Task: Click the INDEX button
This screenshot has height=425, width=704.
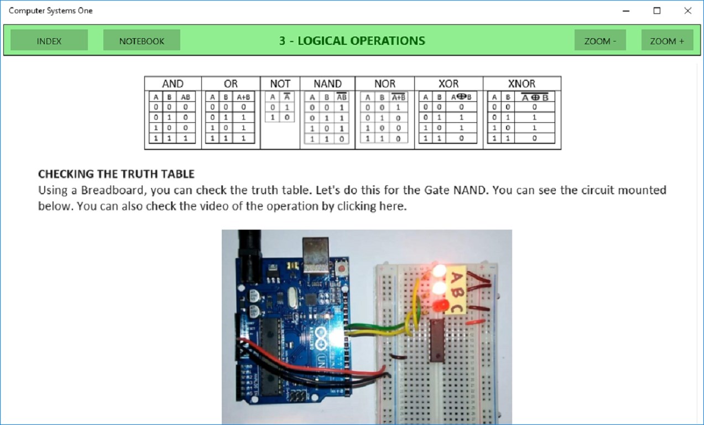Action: click(x=49, y=41)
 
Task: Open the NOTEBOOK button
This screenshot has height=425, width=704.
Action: click(x=142, y=41)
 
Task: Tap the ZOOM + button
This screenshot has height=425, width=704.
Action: click(x=667, y=41)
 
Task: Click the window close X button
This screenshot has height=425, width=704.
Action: click(x=688, y=11)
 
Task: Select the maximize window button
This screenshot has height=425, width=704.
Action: click(x=657, y=11)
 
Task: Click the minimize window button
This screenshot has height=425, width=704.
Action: click(x=626, y=11)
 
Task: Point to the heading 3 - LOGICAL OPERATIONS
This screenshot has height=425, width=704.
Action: click(x=352, y=40)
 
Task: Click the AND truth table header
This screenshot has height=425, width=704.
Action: click(x=173, y=84)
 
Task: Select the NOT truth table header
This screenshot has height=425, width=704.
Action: click(x=280, y=84)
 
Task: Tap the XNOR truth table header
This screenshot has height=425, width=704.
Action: click(x=522, y=84)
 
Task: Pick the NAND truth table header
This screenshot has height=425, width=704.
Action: click(x=327, y=84)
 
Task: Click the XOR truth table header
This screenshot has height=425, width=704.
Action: click(x=448, y=84)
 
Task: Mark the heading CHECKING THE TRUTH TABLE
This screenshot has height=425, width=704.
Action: click(x=116, y=174)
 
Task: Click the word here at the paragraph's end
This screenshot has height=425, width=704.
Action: click(x=394, y=206)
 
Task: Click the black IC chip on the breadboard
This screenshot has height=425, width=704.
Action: click(x=436, y=340)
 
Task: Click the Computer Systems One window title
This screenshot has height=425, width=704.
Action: click(x=51, y=11)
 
